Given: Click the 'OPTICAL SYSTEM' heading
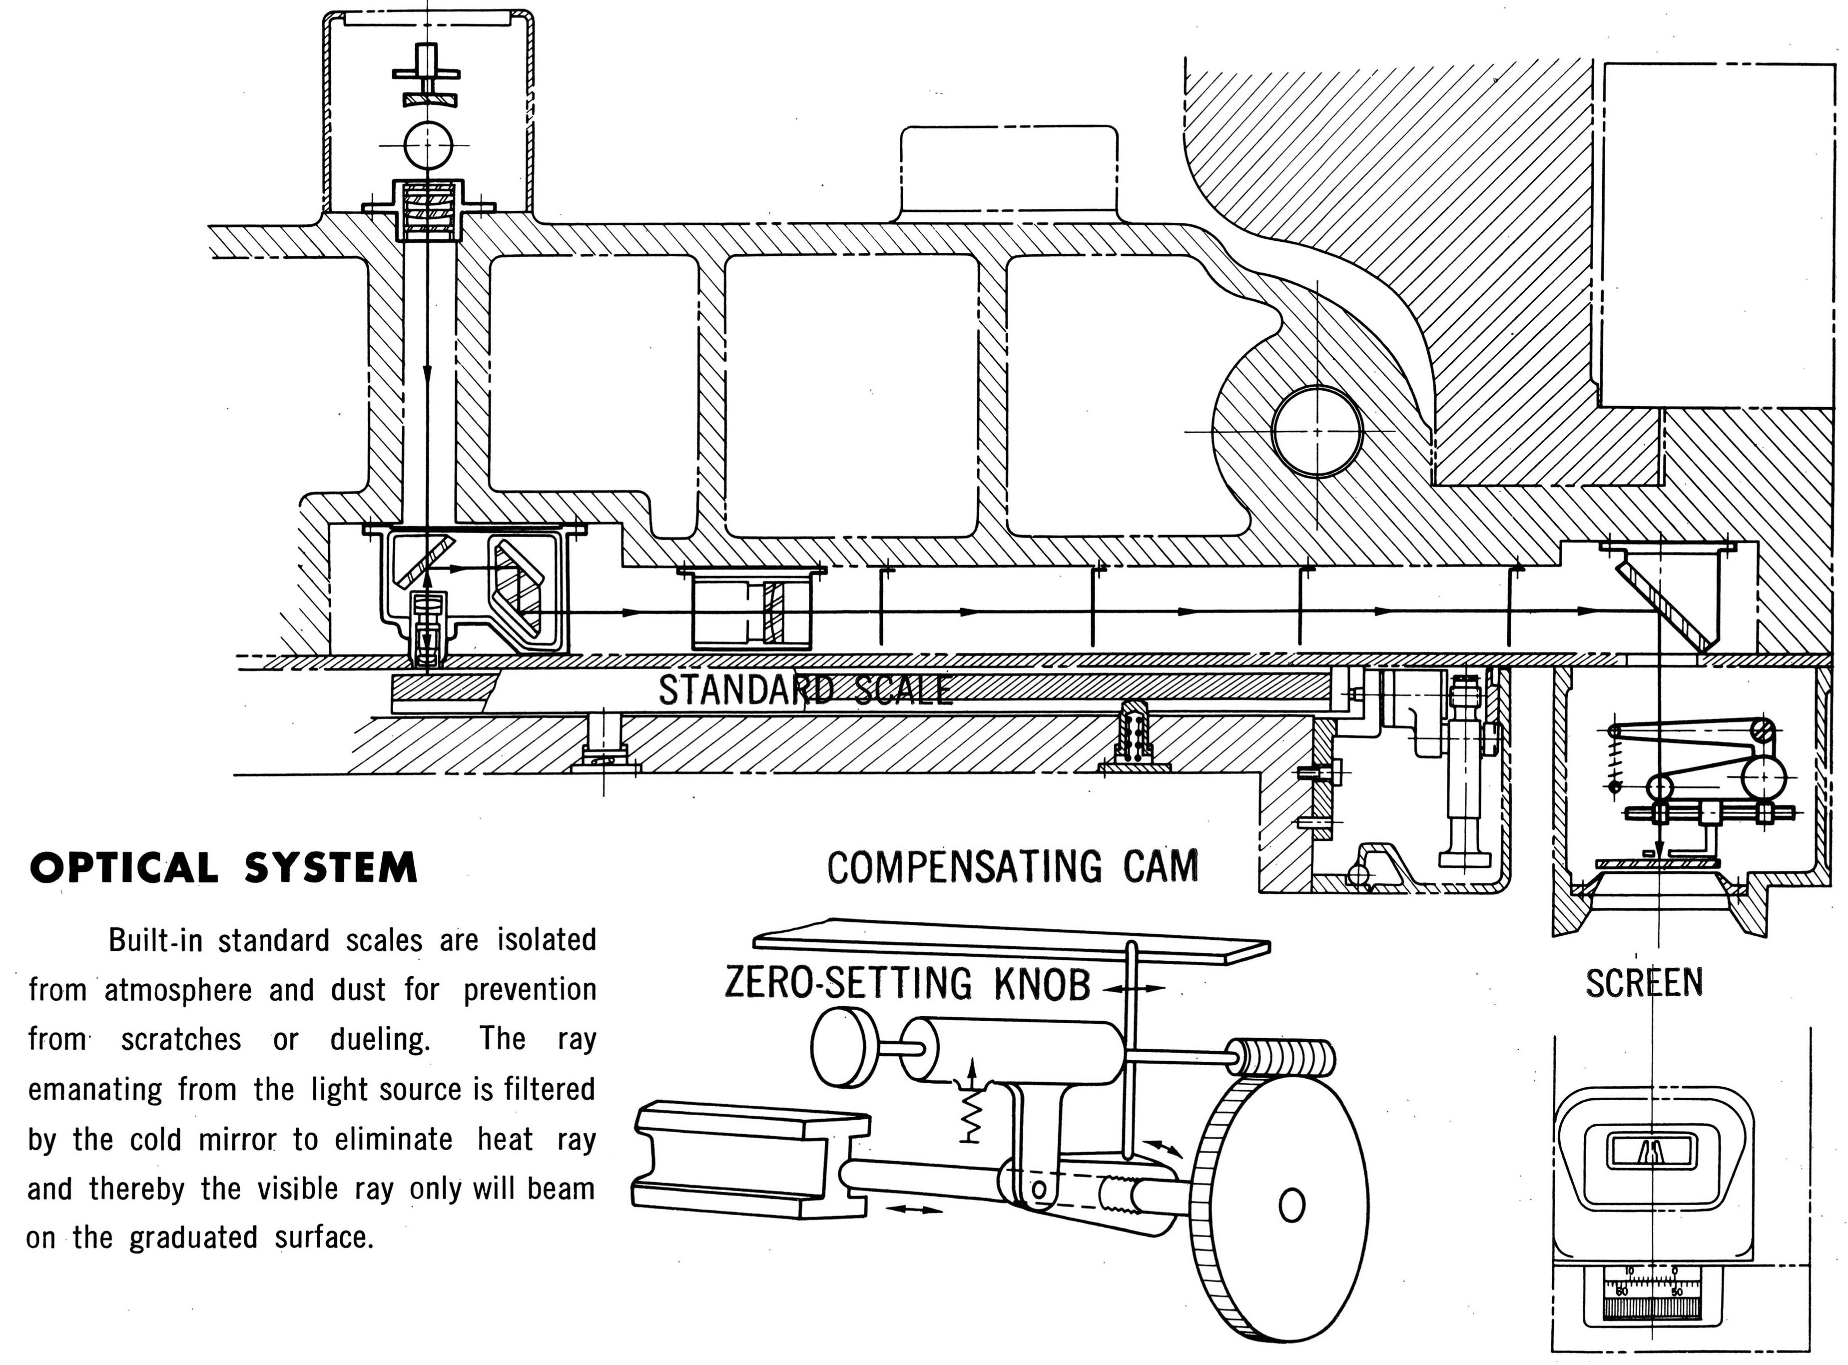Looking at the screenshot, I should [223, 868].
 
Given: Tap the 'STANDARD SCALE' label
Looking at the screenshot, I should [805, 690].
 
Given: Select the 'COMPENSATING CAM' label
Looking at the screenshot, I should [1012, 867].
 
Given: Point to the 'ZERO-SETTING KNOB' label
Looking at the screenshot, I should [907, 984].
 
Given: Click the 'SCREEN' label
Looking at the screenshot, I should [1644, 983].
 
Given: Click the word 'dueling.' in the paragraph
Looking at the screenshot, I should [380, 1039].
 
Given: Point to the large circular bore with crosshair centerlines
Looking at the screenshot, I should [1317, 431].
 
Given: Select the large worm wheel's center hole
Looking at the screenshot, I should [1291, 1206].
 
